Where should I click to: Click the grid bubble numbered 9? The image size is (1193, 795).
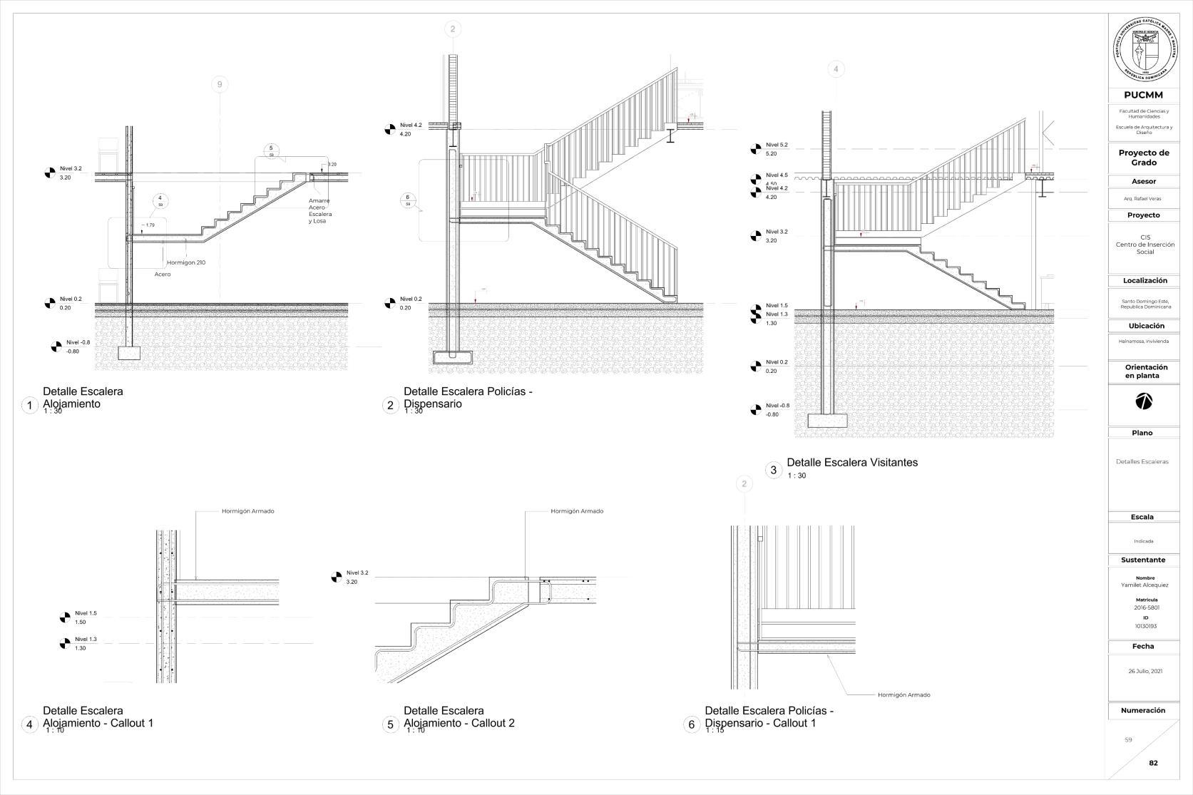pyautogui.click(x=220, y=85)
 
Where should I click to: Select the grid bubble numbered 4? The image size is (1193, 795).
pyautogui.click(x=836, y=69)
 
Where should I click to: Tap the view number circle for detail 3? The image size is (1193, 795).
pyautogui.click(x=773, y=470)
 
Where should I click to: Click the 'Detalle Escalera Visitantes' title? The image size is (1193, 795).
pyautogui.click(x=852, y=462)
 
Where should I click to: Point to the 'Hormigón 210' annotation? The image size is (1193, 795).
pyautogui.click(x=186, y=262)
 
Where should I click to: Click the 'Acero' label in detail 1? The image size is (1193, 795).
pyautogui.click(x=163, y=274)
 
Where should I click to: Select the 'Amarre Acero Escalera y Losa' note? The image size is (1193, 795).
pyautogui.click(x=320, y=211)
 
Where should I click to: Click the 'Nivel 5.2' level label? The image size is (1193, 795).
pyautogui.click(x=777, y=145)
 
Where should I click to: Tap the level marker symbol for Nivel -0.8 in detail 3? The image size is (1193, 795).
pyautogui.click(x=756, y=410)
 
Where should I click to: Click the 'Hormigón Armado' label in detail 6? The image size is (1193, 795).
pyautogui.click(x=903, y=694)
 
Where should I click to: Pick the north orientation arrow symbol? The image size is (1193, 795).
pyautogui.click(x=1143, y=401)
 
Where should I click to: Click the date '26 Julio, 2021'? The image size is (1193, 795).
pyautogui.click(x=1145, y=671)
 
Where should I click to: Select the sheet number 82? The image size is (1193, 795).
pyautogui.click(x=1153, y=763)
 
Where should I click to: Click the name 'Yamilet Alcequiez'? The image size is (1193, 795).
pyautogui.click(x=1144, y=585)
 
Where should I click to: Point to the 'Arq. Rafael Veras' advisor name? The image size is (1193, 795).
pyautogui.click(x=1144, y=198)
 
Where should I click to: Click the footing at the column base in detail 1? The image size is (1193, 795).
pyautogui.click(x=130, y=352)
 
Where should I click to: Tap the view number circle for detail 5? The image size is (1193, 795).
pyautogui.click(x=390, y=725)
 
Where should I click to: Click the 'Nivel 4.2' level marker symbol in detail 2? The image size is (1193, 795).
pyautogui.click(x=390, y=129)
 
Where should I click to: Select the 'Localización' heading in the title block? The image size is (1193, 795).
pyautogui.click(x=1145, y=281)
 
